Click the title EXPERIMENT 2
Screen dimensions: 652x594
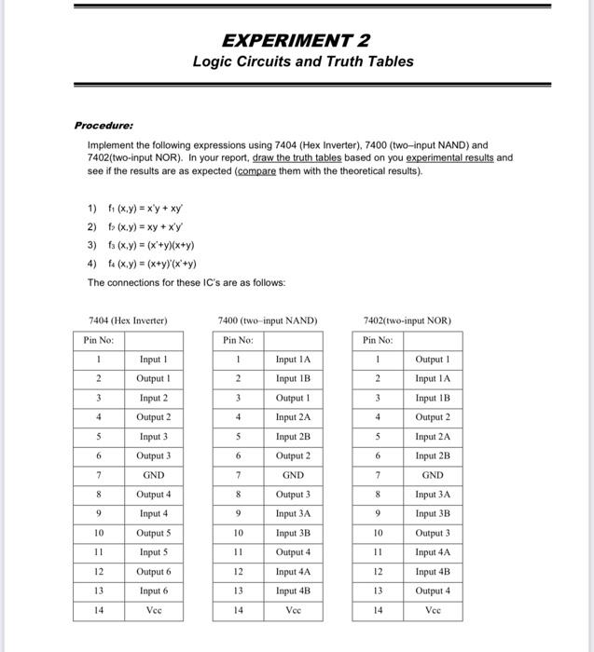click(297, 40)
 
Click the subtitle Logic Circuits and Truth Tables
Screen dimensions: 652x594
click(303, 61)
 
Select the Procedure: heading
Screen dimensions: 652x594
click(104, 125)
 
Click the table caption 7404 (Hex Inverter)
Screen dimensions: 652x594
click(128, 320)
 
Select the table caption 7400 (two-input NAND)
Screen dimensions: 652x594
click(267, 320)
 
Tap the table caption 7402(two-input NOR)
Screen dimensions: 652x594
click(408, 320)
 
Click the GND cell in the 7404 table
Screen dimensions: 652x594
click(153, 475)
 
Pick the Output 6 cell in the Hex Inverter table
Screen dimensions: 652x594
click(153, 572)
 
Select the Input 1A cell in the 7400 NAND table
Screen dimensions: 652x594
click(293, 360)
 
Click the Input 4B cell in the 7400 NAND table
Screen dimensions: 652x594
click(293, 591)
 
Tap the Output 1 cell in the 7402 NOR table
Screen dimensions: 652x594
click(433, 360)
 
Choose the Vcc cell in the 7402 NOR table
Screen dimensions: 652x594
click(433, 611)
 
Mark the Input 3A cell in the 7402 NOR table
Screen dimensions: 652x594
click(433, 495)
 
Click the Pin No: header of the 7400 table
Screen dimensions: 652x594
click(238, 340)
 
